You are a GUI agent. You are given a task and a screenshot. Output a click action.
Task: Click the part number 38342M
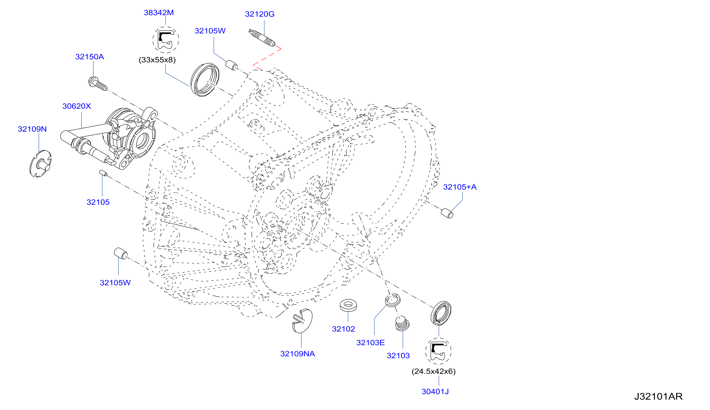tap(159, 13)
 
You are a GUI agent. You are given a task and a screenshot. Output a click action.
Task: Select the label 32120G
tap(260, 14)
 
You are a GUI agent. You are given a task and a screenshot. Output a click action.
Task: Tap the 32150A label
tap(90, 57)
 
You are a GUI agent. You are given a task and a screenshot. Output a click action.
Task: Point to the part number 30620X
tap(77, 106)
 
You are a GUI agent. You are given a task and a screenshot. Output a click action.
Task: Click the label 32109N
tap(32, 129)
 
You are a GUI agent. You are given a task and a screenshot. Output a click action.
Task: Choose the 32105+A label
tap(460, 187)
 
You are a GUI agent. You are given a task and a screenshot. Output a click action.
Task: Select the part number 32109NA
tap(297, 354)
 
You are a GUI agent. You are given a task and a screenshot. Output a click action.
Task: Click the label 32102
tap(343, 329)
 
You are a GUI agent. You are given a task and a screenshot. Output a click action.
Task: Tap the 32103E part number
tap(370, 343)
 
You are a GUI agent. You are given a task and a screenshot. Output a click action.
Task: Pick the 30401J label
tap(435, 392)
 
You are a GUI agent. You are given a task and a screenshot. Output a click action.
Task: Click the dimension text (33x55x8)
tap(157, 60)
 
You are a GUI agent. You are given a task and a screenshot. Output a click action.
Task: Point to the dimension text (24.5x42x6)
tap(434, 371)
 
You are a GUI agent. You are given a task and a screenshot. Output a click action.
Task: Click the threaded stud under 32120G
tap(262, 38)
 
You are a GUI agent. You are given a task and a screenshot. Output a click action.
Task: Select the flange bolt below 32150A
tap(98, 84)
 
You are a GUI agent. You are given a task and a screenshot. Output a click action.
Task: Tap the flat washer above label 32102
tap(349, 305)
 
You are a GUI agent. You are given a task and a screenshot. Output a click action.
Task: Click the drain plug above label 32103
tap(402, 324)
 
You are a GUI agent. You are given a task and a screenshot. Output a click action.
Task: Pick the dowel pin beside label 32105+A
tap(447, 213)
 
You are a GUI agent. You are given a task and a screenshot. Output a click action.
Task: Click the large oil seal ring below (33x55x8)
tap(205, 80)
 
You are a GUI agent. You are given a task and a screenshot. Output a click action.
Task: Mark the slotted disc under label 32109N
tap(41, 164)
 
